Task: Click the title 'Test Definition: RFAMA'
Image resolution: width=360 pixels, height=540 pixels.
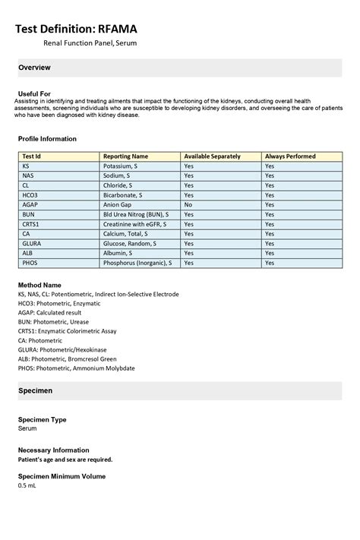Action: (77, 29)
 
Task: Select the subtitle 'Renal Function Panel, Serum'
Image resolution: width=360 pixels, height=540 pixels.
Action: (90, 44)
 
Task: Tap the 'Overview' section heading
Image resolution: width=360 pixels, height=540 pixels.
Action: (34, 68)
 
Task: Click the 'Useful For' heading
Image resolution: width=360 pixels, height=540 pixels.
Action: (34, 93)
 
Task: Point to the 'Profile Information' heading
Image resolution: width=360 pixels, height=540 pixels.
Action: (47, 139)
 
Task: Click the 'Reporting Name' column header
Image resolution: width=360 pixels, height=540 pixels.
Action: (125, 156)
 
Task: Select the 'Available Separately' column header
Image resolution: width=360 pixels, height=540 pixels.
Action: (212, 156)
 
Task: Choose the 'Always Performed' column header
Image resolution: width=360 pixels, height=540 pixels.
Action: (290, 156)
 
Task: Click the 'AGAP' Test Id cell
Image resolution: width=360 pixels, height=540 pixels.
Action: (30, 205)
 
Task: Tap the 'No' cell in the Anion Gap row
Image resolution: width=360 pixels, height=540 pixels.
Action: (188, 205)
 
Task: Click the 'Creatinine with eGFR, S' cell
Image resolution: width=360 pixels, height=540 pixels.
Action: (135, 225)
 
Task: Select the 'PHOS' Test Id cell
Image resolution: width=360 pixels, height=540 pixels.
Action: (30, 263)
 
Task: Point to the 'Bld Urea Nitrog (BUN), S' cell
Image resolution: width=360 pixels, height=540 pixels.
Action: (136, 215)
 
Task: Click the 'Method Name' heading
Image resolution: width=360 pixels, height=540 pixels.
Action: (39, 284)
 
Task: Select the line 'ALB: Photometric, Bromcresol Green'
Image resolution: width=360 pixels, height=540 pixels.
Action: (67, 358)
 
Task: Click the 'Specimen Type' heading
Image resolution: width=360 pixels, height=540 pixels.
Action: (42, 419)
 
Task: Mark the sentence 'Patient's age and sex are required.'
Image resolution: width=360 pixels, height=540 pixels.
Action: (65, 459)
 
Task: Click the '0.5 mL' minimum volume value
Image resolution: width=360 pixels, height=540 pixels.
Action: (27, 485)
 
